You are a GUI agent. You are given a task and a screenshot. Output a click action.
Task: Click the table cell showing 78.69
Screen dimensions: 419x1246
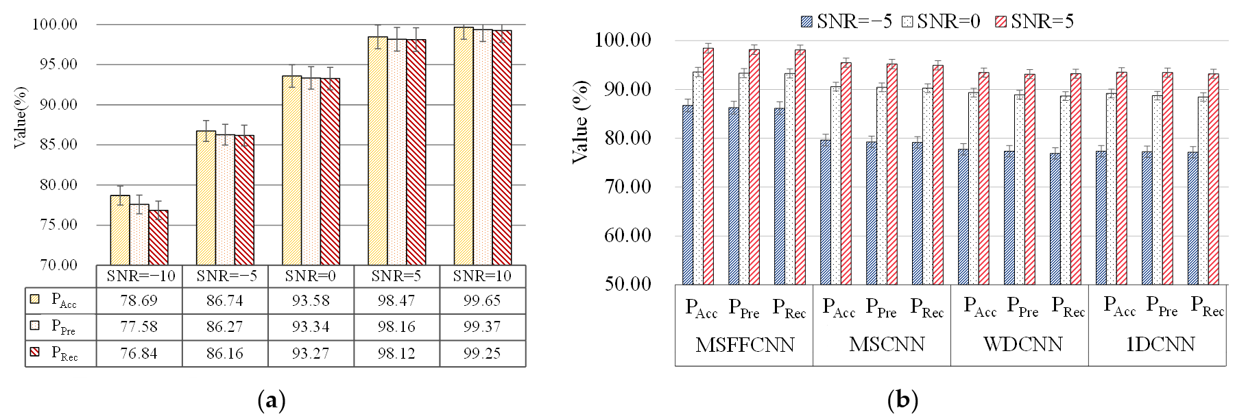139,300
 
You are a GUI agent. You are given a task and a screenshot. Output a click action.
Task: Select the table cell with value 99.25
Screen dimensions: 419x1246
482,353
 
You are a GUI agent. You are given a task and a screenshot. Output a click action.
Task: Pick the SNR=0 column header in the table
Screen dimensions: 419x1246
311,276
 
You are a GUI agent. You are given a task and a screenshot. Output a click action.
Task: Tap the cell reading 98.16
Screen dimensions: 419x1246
396,326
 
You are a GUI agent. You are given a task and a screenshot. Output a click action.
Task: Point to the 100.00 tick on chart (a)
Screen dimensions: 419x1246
55,25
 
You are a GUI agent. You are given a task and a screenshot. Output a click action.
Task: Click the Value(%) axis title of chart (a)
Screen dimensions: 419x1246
20,117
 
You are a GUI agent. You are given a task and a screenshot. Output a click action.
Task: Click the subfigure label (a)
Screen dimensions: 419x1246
271,400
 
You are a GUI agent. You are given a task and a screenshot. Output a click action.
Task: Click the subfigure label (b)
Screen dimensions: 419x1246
902,400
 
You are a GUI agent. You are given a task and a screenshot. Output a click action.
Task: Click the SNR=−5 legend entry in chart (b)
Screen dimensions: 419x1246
846,22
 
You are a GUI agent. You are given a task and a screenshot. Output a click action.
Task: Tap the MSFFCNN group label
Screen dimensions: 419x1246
745,344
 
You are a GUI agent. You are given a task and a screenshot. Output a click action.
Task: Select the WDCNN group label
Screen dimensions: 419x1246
1022,344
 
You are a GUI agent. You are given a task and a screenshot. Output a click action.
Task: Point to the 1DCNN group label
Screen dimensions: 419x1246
1160,344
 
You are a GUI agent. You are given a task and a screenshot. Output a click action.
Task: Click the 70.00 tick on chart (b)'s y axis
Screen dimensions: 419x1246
627,187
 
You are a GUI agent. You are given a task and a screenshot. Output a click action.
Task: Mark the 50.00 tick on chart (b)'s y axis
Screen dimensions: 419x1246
627,284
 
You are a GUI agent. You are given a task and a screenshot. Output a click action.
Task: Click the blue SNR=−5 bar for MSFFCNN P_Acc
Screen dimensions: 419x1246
688,195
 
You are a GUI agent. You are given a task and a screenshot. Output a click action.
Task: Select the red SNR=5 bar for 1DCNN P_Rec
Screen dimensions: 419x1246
1213,179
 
